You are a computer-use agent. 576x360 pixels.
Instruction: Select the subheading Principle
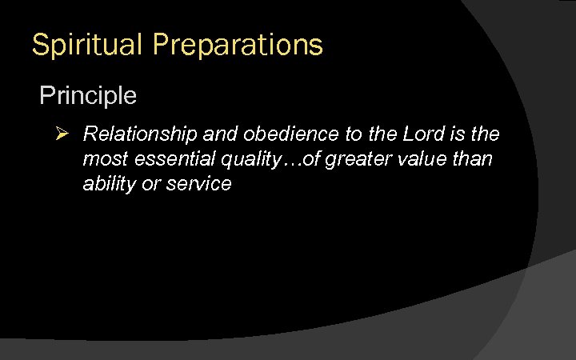click(88, 96)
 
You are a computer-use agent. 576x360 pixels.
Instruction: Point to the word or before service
click(146, 184)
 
